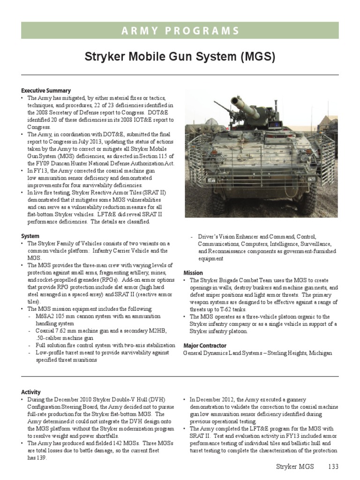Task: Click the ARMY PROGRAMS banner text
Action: (x=180, y=31)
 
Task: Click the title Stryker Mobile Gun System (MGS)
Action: (x=180, y=57)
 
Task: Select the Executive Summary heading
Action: (x=46, y=90)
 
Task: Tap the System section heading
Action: (x=30, y=236)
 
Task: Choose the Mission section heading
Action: (x=193, y=273)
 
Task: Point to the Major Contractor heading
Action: (x=205, y=345)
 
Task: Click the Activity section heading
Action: (x=31, y=392)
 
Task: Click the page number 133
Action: (x=332, y=467)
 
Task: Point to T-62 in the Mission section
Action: (x=220, y=309)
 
